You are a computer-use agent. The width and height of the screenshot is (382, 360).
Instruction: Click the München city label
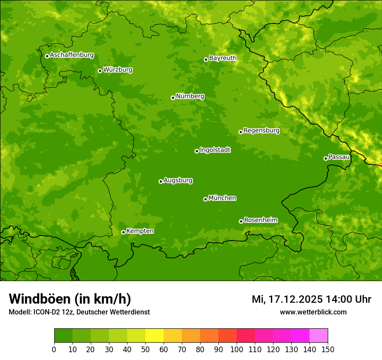click(222, 198)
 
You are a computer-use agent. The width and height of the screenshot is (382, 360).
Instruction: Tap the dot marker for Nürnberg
click(173, 98)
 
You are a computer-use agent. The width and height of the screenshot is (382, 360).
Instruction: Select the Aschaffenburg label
click(72, 55)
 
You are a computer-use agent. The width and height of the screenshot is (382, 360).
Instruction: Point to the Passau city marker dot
click(326, 158)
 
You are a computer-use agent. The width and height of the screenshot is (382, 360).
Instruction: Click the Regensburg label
click(261, 131)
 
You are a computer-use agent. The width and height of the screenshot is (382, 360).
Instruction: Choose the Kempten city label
click(140, 231)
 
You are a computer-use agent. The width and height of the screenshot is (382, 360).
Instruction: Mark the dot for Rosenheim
click(241, 221)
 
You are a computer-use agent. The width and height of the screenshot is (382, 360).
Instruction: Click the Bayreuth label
click(223, 58)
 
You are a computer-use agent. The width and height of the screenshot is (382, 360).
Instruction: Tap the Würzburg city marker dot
click(100, 71)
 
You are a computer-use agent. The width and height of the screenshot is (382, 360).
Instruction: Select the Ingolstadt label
click(215, 150)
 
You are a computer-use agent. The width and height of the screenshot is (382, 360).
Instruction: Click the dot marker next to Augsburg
click(161, 181)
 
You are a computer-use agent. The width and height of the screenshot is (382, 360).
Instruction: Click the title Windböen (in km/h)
click(70, 299)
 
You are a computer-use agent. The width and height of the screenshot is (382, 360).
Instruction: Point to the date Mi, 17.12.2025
click(287, 299)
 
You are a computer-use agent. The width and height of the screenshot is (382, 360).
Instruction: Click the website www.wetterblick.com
click(313, 312)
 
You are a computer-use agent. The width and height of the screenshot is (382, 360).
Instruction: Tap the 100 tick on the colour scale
click(237, 349)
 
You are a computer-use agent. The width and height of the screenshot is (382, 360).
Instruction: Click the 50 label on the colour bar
click(145, 349)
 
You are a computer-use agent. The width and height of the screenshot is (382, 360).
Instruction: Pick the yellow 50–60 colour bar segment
click(155, 336)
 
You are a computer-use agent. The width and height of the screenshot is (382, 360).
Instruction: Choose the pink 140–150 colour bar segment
click(319, 336)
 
